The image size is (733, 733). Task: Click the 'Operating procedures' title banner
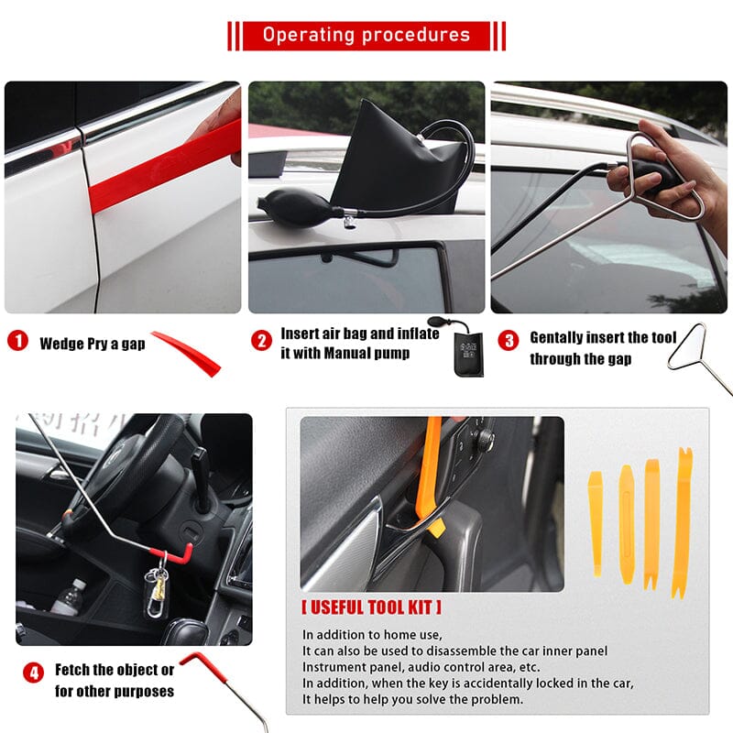366,36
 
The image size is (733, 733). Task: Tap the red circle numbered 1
17,343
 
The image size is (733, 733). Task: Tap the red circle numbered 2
262,341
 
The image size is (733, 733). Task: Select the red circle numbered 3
508,339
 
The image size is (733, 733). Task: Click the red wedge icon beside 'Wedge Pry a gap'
188,353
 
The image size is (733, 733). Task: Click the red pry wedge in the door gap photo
165,165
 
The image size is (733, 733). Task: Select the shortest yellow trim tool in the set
596,522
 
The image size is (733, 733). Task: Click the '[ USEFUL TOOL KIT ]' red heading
371,607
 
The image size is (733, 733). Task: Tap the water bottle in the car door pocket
69,596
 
